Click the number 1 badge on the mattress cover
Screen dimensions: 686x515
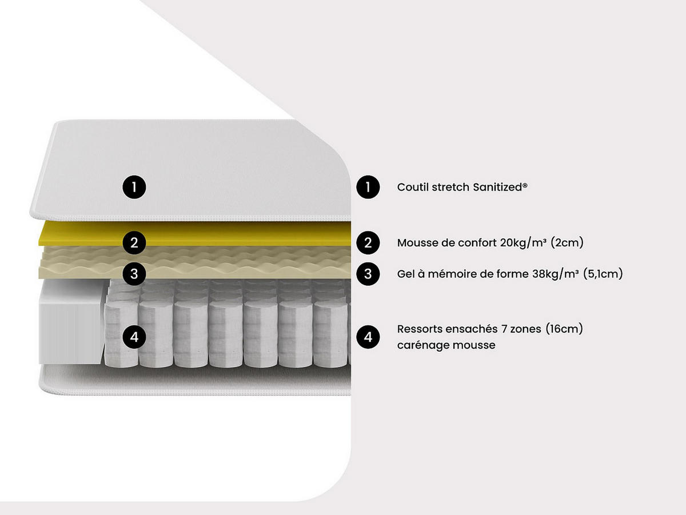(x=134, y=187)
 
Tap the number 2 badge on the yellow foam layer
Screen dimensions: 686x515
(x=134, y=243)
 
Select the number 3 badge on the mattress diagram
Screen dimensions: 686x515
(x=134, y=274)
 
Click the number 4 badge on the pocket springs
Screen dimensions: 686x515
(x=134, y=337)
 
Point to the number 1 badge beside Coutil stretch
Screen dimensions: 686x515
(x=368, y=187)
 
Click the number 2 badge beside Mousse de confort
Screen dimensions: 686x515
(x=368, y=243)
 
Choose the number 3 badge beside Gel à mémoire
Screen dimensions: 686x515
(x=368, y=274)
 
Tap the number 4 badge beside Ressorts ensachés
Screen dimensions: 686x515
(x=368, y=337)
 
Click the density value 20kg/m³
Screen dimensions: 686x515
(x=523, y=243)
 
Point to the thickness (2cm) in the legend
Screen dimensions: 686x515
(x=567, y=243)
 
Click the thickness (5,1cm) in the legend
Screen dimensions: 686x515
(x=603, y=274)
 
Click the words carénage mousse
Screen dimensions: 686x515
(x=446, y=345)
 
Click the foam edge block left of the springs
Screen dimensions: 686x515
(x=72, y=322)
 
